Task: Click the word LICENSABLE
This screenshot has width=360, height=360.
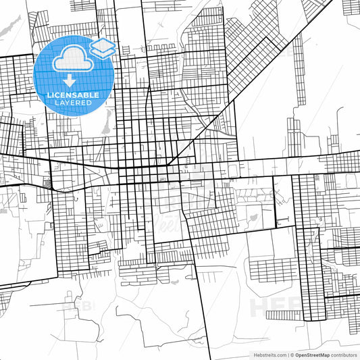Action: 72,95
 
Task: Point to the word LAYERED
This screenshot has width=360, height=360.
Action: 72,103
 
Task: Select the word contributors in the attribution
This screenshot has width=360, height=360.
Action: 344,355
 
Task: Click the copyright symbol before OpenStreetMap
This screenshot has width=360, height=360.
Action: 292,355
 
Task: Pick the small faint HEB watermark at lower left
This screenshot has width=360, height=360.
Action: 77,306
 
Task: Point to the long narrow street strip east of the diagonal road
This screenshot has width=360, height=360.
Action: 298,61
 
